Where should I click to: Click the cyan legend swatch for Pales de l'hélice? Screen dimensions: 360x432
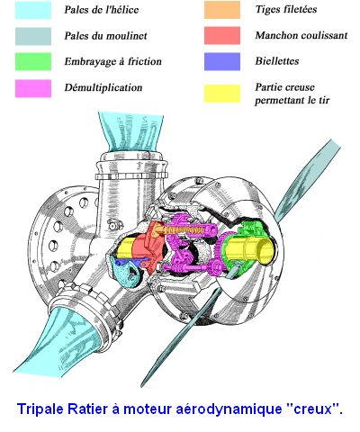click(x=33, y=11)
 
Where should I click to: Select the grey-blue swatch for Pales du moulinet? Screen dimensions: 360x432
click(x=33, y=36)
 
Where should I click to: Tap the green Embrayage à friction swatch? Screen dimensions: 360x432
click(x=33, y=62)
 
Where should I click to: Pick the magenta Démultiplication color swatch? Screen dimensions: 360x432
click(x=33, y=88)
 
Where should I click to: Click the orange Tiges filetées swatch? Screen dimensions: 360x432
click(x=222, y=10)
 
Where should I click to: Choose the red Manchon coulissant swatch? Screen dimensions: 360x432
click(x=222, y=36)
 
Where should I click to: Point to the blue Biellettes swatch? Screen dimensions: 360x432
click(x=222, y=61)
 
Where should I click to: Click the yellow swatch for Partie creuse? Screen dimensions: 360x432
click(x=222, y=94)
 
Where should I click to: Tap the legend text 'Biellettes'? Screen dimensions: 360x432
click(x=277, y=61)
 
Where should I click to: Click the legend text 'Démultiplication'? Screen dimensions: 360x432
click(x=103, y=87)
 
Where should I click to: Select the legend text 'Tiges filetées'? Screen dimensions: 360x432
click(x=286, y=9)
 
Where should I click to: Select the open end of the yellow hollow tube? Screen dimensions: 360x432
click(x=266, y=251)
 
